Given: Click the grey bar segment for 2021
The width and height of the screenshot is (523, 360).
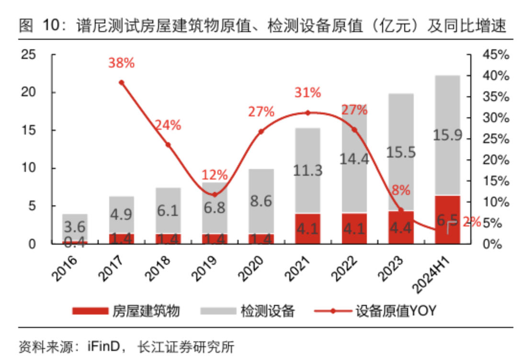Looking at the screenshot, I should coord(308,170).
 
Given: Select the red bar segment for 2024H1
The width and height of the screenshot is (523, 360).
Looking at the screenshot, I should coord(448,220).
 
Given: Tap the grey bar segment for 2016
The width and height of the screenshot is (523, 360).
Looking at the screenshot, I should coord(75,227).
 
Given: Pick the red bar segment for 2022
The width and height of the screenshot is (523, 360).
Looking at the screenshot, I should coord(354,228).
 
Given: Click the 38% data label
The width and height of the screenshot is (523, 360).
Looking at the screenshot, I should coord(121,63).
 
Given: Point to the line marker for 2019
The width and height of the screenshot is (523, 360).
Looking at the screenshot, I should coord(215,194).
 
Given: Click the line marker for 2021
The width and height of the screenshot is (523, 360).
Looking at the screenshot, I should coord(308,113).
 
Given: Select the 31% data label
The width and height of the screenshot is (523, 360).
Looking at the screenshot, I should coord(307,93).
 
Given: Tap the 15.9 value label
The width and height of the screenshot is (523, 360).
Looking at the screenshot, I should coord(447,135).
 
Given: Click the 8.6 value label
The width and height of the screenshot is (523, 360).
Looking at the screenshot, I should coord(261,201).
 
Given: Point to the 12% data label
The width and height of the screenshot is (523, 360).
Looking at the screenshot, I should coord(214,175).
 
